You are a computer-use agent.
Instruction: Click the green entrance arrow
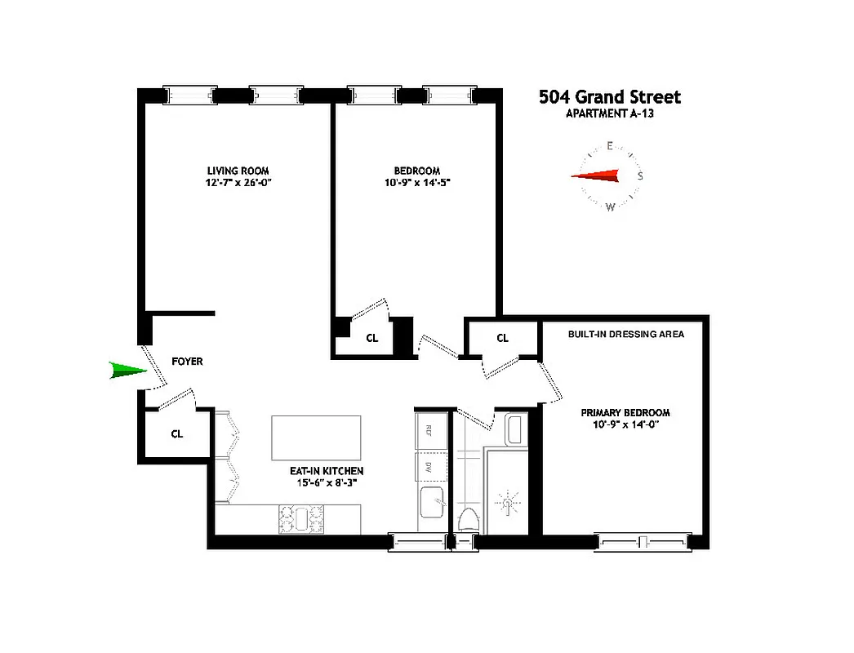coord(127,371)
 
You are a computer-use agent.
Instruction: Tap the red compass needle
coord(595,176)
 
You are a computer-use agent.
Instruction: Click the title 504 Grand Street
coord(609,97)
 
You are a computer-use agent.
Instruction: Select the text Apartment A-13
coord(609,114)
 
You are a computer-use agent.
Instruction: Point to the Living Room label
coord(238,171)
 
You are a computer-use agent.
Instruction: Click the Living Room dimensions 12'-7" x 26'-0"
coord(238,183)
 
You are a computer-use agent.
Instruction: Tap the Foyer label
coord(187,361)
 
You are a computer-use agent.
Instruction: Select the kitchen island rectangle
coord(316,438)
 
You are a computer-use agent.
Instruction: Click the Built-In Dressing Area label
coord(625,334)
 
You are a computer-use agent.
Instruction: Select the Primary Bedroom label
coord(625,412)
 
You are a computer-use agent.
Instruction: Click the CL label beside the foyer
coord(177,434)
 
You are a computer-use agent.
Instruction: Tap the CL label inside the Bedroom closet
coord(371,337)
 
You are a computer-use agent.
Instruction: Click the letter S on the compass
coord(640,175)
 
